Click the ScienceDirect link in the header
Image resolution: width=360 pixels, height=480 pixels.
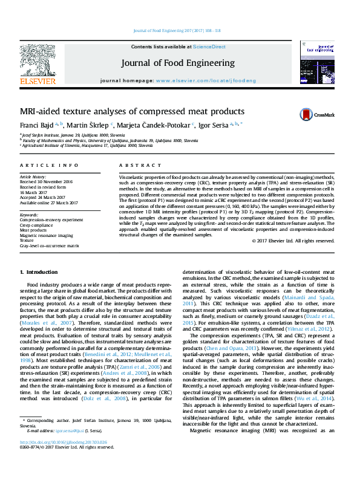point(209,47)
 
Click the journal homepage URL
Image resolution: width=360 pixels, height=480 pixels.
point(205,80)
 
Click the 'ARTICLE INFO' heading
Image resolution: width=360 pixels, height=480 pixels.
point(49,165)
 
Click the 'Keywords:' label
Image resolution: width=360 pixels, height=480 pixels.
point(30,215)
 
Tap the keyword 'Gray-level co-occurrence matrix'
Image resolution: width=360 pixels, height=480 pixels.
point(50,246)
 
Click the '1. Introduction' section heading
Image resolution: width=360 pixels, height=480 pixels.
point(39,273)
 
